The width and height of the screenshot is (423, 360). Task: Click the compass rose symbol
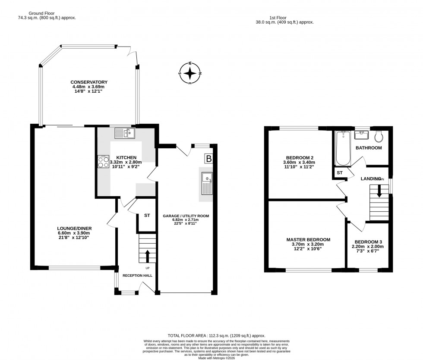pos(190,74)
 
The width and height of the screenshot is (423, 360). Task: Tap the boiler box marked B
pos(209,159)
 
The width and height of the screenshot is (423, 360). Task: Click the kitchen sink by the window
pos(124,133)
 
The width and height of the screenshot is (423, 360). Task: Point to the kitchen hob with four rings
pos(104,162)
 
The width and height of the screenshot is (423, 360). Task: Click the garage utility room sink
pos(207,183)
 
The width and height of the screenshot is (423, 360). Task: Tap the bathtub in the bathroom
pos(343,148)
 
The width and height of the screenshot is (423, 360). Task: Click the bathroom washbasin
pos(360,135)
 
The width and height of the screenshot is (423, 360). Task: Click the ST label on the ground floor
pos(147,215)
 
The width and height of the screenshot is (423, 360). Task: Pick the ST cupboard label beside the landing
pos(340,173)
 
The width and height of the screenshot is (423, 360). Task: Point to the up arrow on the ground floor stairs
pos(148,255)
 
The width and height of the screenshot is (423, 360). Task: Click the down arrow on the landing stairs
pos(379,191)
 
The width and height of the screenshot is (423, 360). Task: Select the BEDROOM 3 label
pos(369,242)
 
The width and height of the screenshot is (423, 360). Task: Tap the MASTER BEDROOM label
pos(308,240)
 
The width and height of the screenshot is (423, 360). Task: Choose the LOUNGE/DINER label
pos(75,229)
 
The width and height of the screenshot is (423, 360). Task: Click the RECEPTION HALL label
pos(137,275)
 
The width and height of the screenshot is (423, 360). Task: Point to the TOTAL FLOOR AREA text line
pos(216,335)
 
